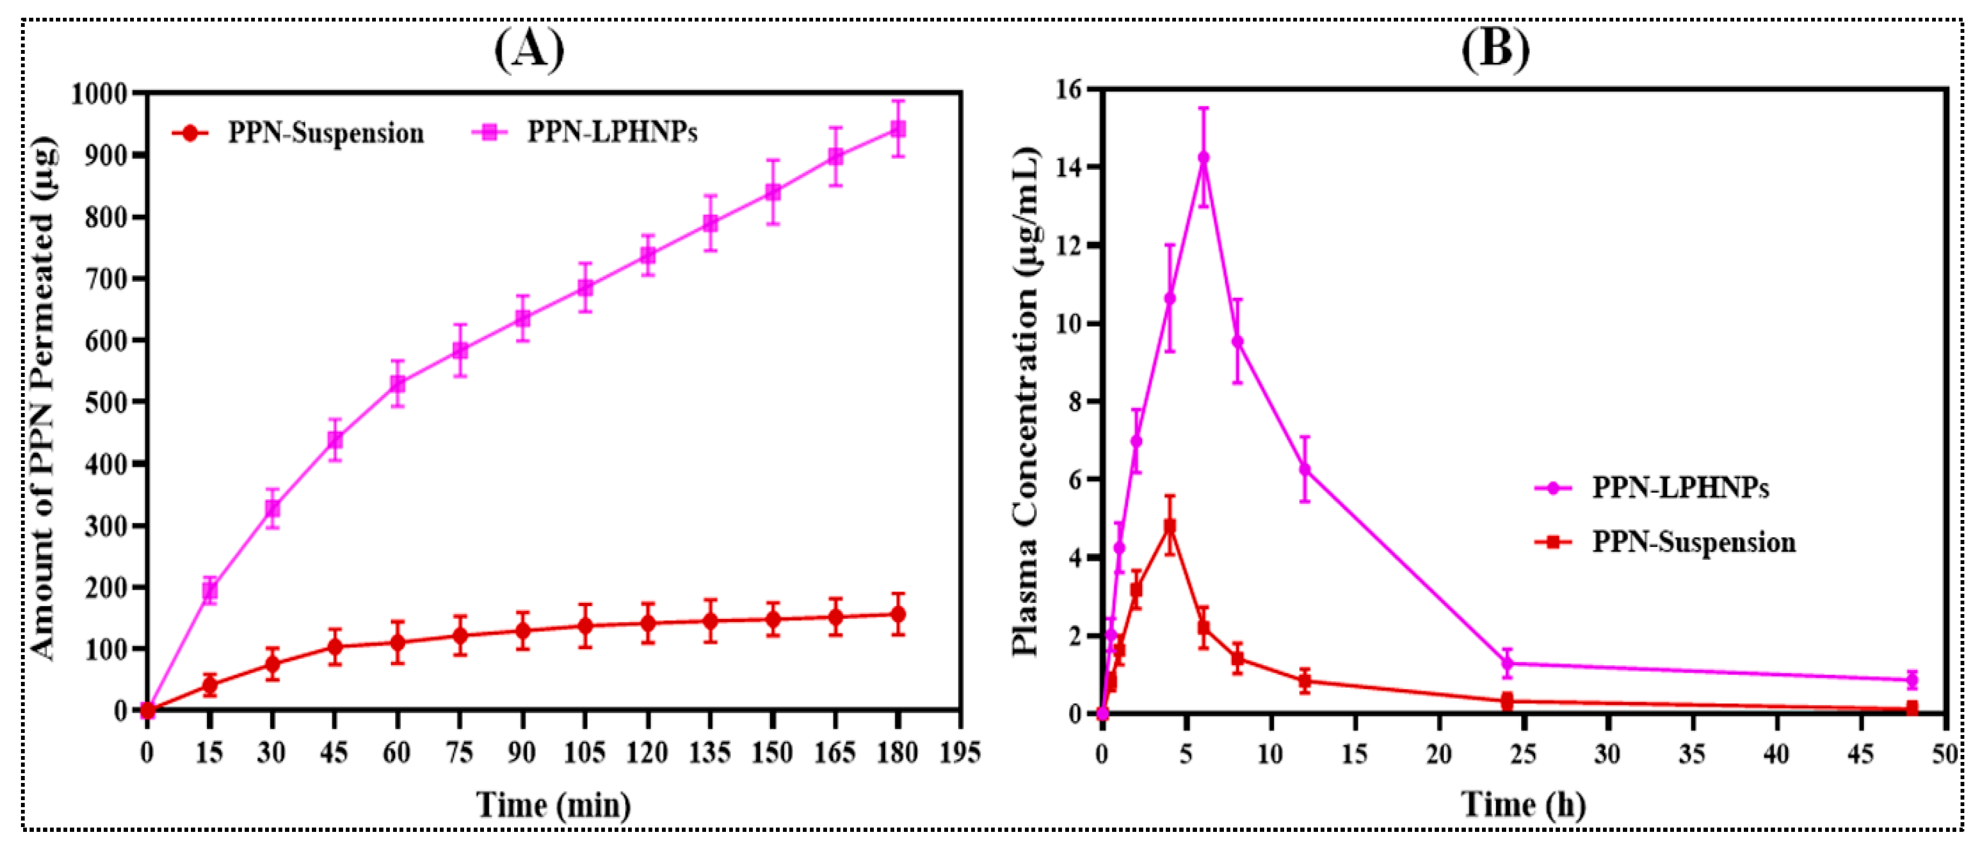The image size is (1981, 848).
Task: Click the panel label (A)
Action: (529, 51)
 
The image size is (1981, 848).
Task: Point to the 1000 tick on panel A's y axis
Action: (101, 94)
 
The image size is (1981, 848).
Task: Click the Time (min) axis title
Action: (554, 805)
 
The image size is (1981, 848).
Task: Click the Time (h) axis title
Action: (1523, 805)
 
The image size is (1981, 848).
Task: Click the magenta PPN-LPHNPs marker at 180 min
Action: (897, 129)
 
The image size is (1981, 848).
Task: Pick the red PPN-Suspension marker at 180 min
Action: (897, 614)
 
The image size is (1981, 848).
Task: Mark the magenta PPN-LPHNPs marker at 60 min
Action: (397, 383)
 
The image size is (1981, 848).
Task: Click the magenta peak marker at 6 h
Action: (1203, 158)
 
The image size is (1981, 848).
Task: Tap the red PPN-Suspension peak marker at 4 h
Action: (1170, 526)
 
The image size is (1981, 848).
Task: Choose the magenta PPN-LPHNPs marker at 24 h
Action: (1507, 662)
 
